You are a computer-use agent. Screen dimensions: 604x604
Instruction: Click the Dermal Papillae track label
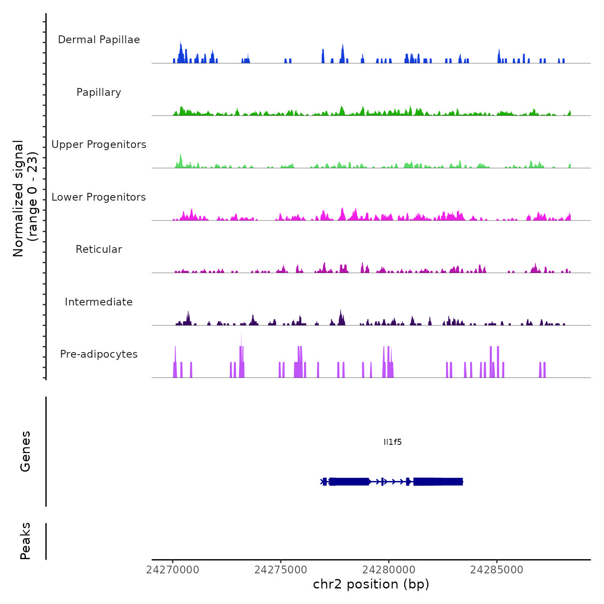(x=99, y=40)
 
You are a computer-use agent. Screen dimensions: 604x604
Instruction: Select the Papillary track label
(x=99, y=92)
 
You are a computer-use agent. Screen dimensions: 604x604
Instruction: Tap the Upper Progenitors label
(x=99, y=145)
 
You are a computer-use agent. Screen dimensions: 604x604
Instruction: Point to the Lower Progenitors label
(x=99, y=197)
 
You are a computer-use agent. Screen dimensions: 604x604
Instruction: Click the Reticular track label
(x=99, y=249)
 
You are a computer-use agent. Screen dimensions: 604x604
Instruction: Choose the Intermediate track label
(x=99, y=302)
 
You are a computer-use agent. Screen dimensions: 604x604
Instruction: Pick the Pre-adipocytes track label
(x=99, y=354)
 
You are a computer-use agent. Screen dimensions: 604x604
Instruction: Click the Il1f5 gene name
(x=393, y=442)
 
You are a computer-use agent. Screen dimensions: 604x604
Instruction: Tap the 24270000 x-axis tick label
(x=173, y=570)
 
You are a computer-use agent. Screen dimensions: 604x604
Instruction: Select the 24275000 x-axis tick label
(x=281, y=570)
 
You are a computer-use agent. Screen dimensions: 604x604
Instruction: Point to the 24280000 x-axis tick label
(x=389, y=570)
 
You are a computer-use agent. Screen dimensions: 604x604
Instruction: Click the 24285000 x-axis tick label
(x=497, y=570)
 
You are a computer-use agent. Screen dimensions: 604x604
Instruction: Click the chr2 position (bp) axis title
(x=371, y=584)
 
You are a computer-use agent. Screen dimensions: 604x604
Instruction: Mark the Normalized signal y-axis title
(x=25, y=198)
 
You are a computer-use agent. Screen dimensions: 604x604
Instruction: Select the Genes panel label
(x=25, y=451)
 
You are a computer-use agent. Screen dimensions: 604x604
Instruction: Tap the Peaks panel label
(x=25, y=541)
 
